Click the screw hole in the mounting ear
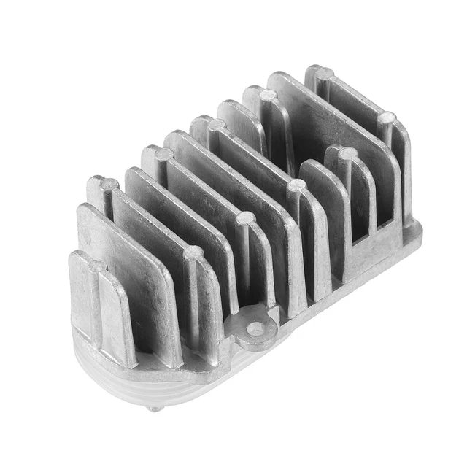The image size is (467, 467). (x=255, y=329)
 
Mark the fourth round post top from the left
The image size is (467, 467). (x=193, y=252)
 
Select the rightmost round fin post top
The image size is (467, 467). (x=387, y=117)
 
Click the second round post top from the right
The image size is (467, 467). (x=347, y=153)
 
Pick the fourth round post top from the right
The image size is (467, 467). (x=296, y=185)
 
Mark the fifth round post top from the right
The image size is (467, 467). (x=269, y=95)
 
